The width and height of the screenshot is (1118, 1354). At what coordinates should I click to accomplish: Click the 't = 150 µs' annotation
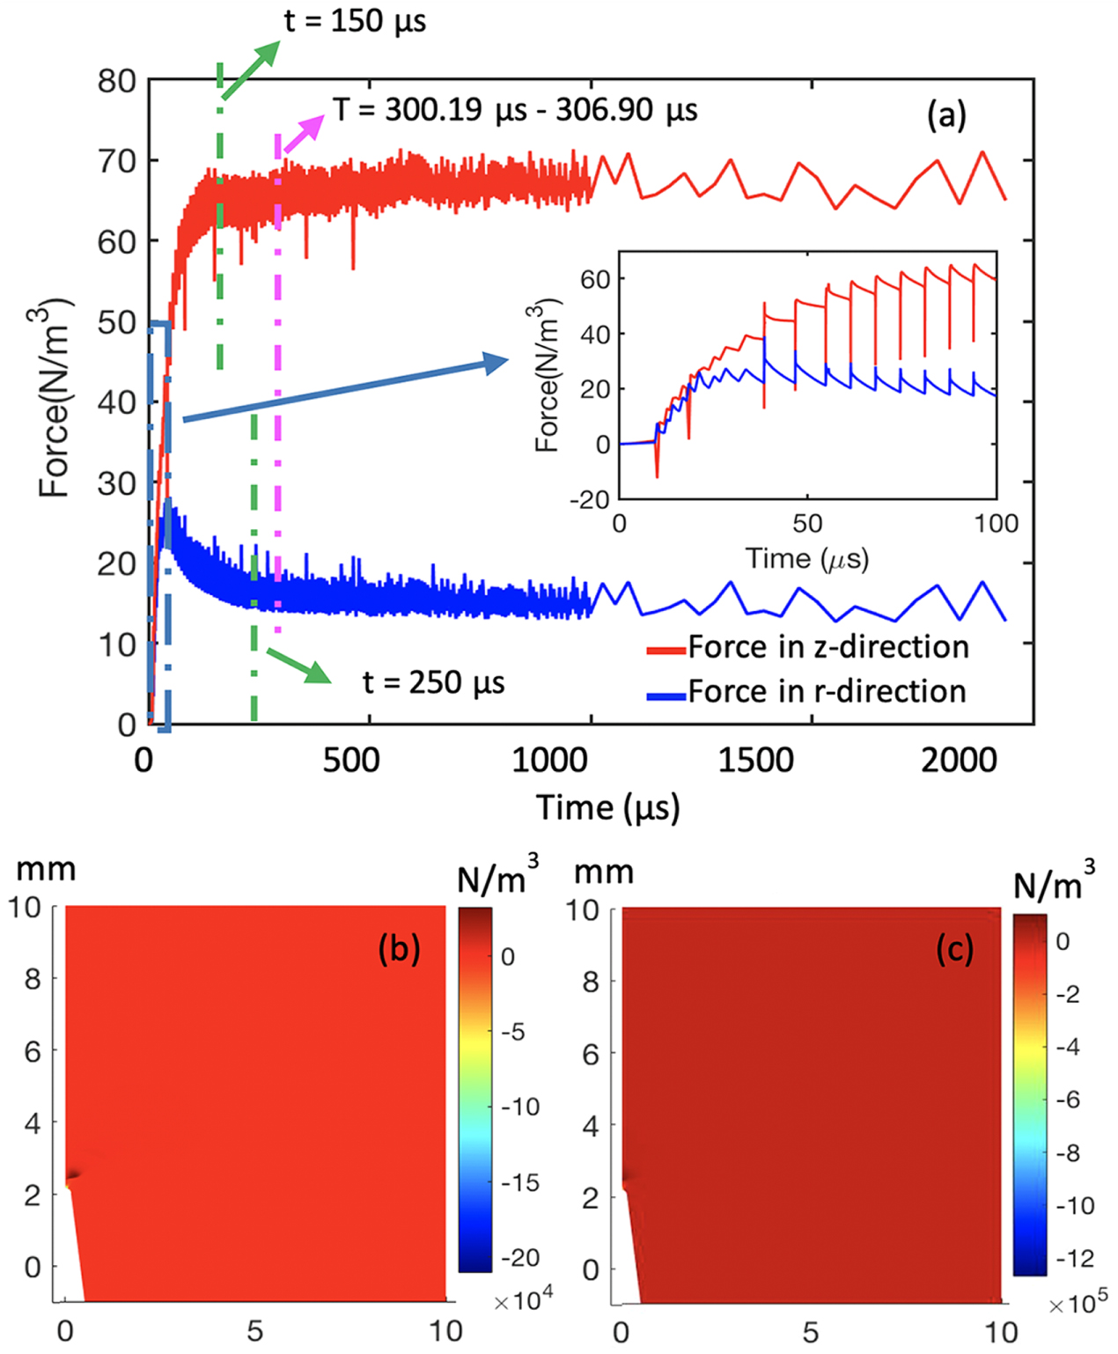pos(355,20)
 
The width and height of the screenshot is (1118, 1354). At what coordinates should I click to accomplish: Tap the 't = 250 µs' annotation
pos(433,682)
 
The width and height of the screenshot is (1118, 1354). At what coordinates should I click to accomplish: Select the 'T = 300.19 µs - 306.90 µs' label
pos(515,110)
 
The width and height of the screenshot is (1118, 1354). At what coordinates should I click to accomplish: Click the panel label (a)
pos(946,114)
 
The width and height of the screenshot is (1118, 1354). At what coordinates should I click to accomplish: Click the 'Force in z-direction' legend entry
pos(827,647)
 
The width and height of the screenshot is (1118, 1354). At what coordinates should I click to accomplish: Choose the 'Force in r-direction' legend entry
pos(827,692)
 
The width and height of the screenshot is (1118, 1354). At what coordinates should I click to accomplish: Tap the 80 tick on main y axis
pos(116,81)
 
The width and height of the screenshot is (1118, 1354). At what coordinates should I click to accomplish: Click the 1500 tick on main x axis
pos(756,761)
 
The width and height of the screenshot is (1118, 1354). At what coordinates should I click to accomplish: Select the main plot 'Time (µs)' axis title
pos(608,807)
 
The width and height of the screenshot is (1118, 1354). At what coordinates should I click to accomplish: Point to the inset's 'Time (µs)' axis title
pos(807,558)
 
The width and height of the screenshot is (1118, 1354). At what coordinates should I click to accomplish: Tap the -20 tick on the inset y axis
pos(590,499)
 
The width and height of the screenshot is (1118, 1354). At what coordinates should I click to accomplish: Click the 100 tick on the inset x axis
pos(996,524)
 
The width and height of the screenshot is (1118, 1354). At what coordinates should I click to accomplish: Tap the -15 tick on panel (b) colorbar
pos(519,1182)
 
